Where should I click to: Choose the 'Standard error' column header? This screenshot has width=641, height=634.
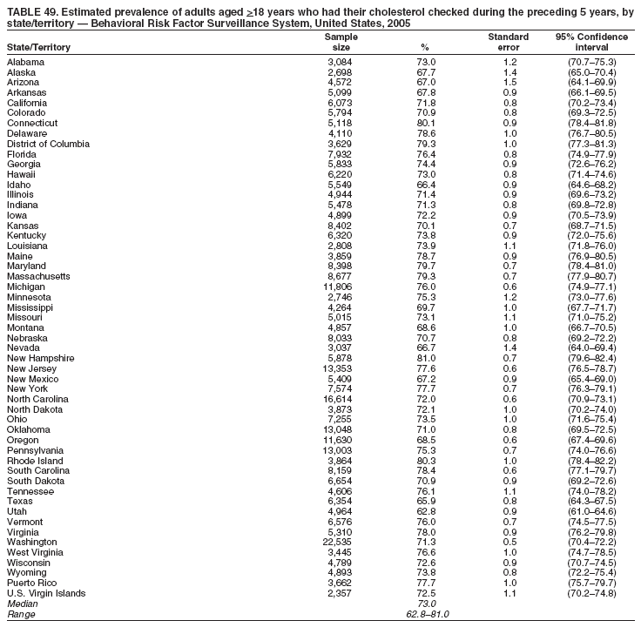pyautogui.click(x=509, y=42)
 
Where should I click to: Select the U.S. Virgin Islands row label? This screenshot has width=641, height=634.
pyautogui.click(x=46, y=593)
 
